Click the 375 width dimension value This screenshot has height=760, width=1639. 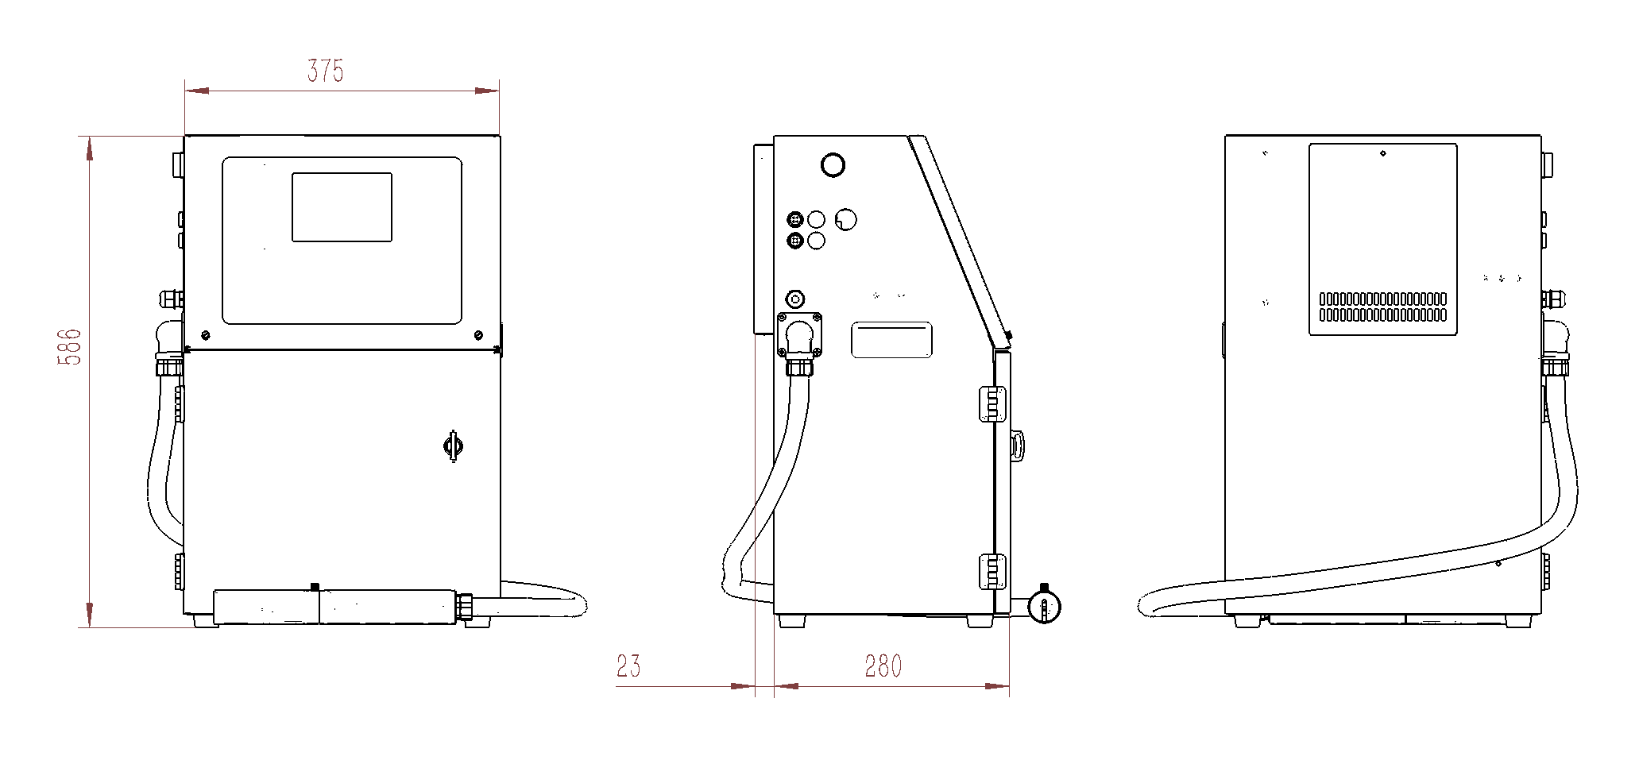pyautogui.click(x=325, y=71)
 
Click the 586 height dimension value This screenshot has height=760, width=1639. pyautogui.click(x=70, y=347)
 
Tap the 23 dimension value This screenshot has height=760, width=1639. pyautogui.click(x=628, y=666)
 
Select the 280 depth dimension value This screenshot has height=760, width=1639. pyautogui.click(x=883, y=666)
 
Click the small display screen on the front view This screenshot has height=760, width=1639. pyautogui.click(x=342, y=207)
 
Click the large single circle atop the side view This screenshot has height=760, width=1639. pyautogui.click(x=833, y=165)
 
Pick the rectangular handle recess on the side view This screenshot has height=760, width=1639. pyautogui.click(x=891, y=340)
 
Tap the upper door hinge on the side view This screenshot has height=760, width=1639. pyautogui.click(x=992, y=403)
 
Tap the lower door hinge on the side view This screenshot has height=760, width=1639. pyautogui.click(x=992, y=572)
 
